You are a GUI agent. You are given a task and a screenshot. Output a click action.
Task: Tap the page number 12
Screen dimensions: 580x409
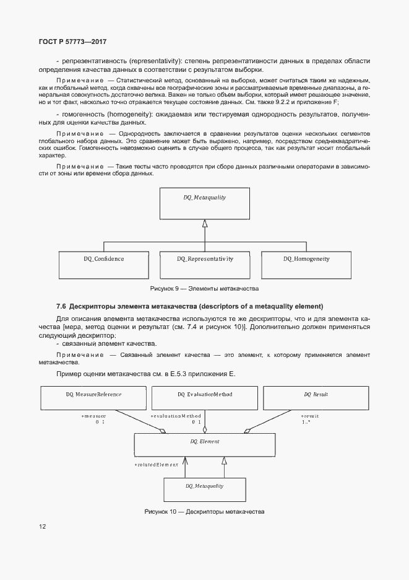pos(42,526)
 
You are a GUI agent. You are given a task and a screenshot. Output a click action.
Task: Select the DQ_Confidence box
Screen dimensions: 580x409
pos(103,265)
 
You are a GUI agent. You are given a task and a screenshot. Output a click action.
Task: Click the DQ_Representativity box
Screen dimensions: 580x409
pos(205,265)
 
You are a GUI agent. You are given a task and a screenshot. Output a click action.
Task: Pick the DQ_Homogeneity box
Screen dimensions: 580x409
pos(306,265)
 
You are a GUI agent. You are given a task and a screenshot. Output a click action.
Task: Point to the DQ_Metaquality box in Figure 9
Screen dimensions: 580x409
pos(204,203)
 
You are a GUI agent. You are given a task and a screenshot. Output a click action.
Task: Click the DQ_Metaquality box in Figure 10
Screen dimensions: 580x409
pos(204,490)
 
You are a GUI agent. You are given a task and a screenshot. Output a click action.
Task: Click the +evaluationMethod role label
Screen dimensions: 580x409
pos(176,416)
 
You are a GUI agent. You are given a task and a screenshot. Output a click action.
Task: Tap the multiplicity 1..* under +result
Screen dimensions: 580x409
pos(306,422)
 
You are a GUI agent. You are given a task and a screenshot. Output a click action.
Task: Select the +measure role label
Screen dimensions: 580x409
pos(94,416)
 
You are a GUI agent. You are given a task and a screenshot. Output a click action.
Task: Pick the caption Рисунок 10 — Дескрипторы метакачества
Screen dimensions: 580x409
pos(204,512)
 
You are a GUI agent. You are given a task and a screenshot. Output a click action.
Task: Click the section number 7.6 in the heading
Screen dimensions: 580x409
pos(61,306)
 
